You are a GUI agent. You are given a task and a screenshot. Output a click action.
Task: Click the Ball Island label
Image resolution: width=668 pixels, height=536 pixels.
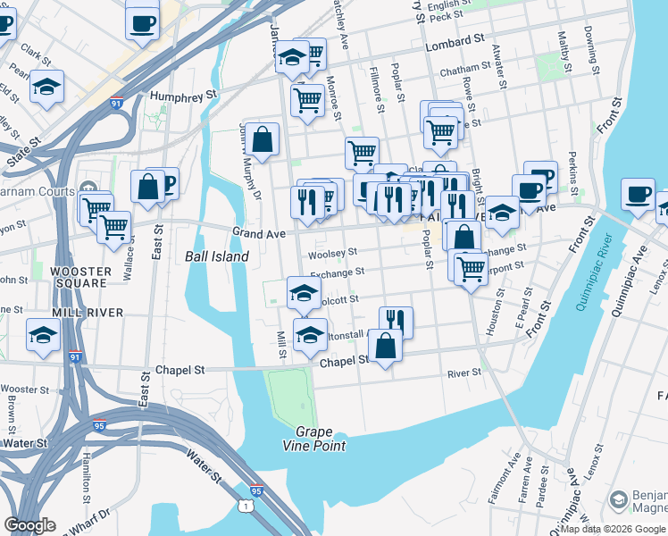pos(216,256)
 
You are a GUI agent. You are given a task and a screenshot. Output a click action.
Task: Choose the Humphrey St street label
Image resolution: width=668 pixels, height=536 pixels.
pos(184,94)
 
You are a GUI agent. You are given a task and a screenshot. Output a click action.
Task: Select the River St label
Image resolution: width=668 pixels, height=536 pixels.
pos(464,373)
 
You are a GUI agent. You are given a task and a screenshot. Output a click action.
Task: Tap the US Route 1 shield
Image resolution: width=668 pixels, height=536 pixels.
pos(245,507)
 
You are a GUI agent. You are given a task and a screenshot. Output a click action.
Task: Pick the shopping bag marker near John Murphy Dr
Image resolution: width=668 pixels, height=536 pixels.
pos(263,139)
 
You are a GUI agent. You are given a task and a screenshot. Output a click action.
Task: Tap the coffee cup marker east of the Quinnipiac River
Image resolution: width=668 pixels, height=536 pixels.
pos(638,195)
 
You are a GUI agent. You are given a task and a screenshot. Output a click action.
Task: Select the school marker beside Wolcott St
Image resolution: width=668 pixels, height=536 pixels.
pos(304,292)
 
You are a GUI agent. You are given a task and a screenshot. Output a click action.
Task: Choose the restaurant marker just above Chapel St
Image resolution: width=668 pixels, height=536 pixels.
pos(396,321)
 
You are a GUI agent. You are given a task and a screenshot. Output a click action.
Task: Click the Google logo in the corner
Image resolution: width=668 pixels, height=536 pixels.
pos(29,525)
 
